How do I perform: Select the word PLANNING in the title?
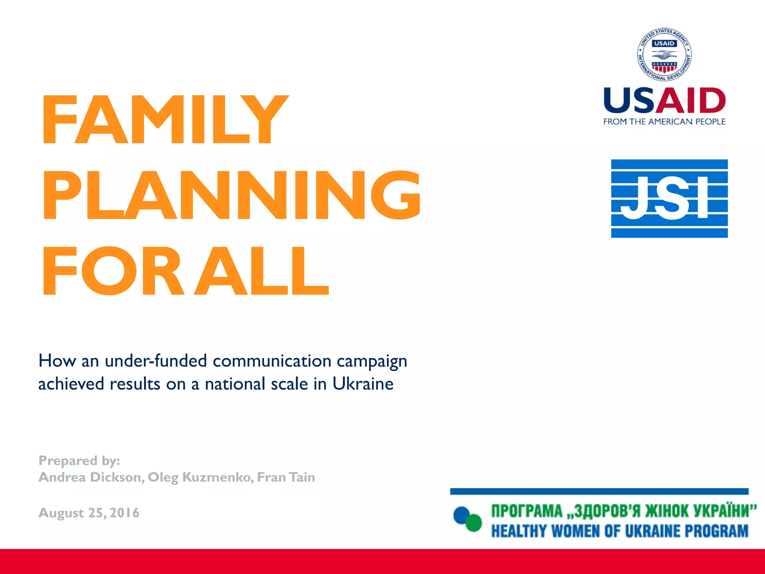click(232, 195)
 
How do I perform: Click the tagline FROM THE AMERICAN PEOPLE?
click(664, 122)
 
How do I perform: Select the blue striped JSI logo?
click(669, 198)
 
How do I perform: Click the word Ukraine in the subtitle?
click(363, 384)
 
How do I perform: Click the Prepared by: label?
click(79, 461)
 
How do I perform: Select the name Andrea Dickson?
click(90, 477)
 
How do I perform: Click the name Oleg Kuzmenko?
click(199, 477)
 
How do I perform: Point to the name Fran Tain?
click(286, 477)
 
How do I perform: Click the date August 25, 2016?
click(89, 513)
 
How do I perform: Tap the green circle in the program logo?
click(474, 522)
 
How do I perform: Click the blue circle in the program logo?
click(462, 515)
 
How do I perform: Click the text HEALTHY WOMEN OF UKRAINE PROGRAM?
click(620, 531)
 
